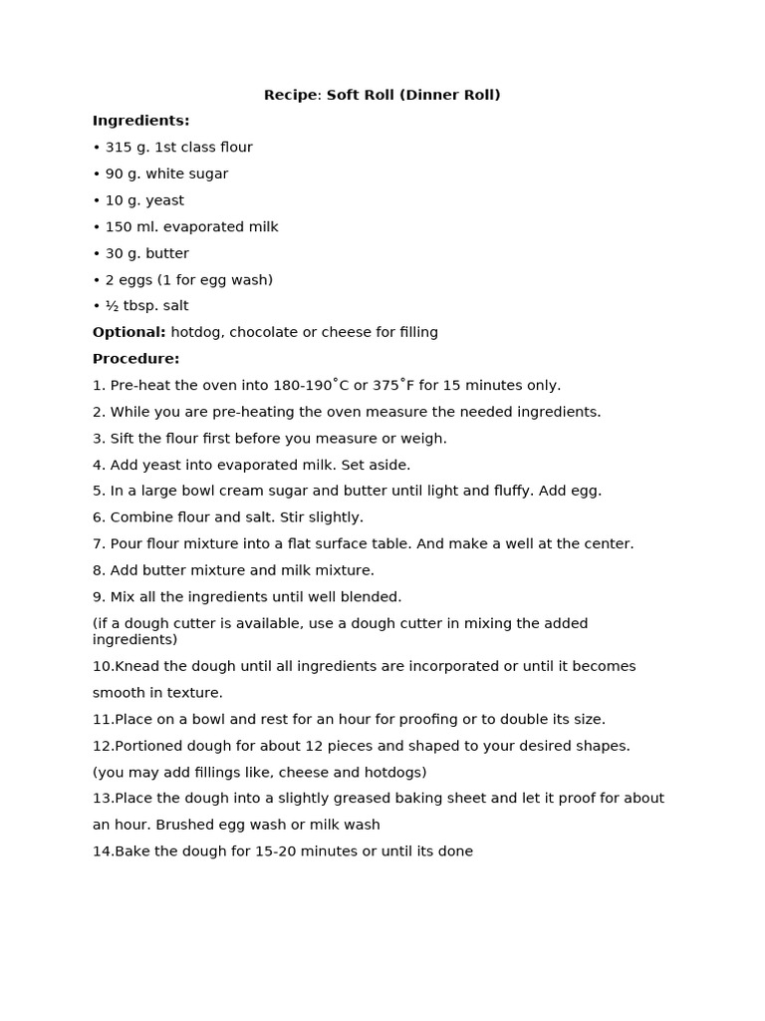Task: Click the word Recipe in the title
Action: click(x=288, y=95)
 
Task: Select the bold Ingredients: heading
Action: click(x=140, y=121)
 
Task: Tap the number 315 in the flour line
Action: click(x=119, y=148)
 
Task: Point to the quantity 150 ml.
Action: click(x=130, y=227)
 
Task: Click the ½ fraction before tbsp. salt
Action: click(x=112, y=306)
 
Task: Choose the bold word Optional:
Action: click(x=129, y=332)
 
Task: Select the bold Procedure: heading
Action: click(x=136, y=359)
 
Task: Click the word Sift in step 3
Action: click(x=124, y=439)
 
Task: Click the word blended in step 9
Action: click(x=372, y=597)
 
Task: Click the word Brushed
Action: click(x=167, y=826)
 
